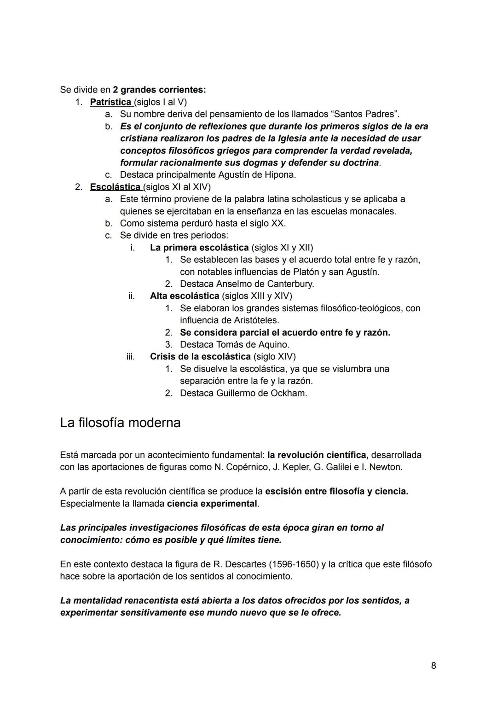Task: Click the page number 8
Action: [x=433, y=666]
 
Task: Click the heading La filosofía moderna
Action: [x=120, y=423]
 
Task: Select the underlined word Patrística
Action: [x=110, y=102]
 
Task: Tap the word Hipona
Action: [x=280, y=174]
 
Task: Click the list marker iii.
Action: [x=131, y=356]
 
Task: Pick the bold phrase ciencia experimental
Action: [x=212, y=503]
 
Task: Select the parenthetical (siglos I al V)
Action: [x=160, y=102]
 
